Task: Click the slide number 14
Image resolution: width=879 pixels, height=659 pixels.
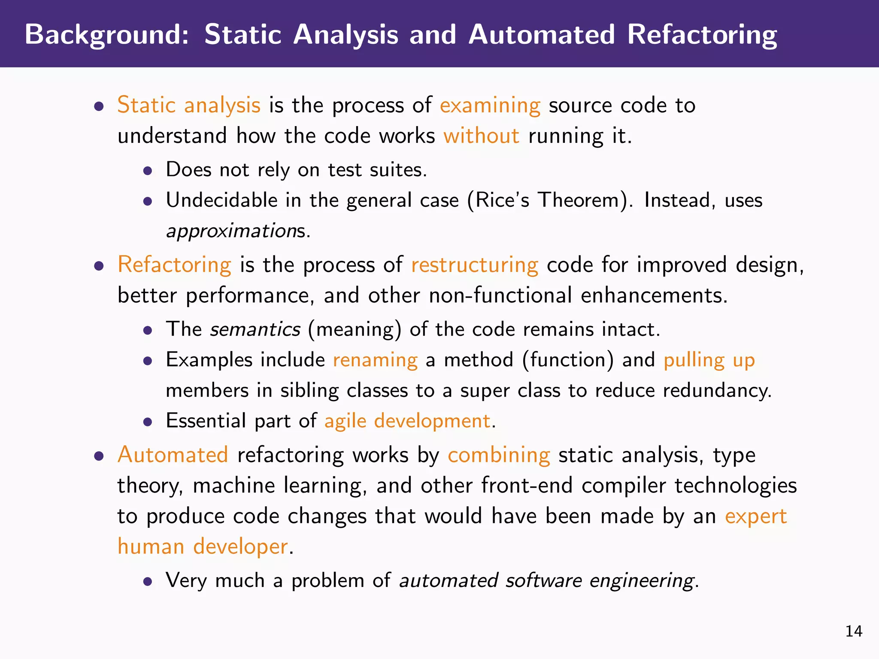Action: [854, 631]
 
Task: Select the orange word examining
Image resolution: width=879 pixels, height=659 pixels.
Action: [490, 106]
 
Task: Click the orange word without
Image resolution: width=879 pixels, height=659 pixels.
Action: [481, 136]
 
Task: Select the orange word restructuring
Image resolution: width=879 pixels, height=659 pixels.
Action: [474, 265]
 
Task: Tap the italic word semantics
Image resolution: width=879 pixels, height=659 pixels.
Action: [255, 329]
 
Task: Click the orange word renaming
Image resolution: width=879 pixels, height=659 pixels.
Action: [375, 360]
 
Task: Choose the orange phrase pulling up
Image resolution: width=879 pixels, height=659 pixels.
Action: [709, 360]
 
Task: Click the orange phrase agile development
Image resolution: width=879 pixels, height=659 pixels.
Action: [407, 421]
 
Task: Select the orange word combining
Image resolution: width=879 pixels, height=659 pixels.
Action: [499, 455]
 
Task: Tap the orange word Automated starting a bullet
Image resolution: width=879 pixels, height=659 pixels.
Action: [173, 455]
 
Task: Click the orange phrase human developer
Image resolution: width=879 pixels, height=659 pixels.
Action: [203, 547]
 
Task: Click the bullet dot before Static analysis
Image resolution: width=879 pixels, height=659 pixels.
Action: [99, 106]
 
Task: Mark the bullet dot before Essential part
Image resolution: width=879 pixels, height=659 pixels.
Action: [148, 422]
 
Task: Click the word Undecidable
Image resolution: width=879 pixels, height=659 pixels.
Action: [222, 200]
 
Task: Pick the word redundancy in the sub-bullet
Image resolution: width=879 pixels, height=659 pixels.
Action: [716, 390]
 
